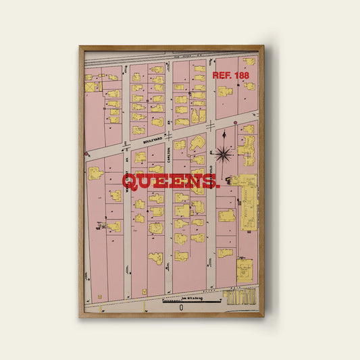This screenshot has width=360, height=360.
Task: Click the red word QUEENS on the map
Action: point(170,182)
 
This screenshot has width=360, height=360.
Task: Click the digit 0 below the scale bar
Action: point(180,307)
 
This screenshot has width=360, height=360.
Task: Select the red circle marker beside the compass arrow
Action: point(235,123)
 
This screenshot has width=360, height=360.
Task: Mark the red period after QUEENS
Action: point(217,185)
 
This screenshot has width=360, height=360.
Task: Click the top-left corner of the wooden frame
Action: point(80,47)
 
